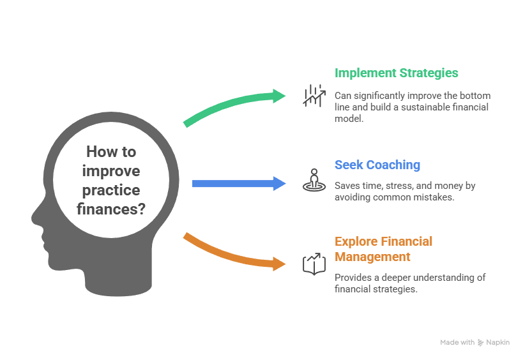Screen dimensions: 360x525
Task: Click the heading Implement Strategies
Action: [x=396, y=73]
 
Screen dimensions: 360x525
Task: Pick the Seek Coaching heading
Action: [x=377, y=165]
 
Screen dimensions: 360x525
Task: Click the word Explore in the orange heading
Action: [x=356, y=241]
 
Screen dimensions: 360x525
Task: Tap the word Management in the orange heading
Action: [x=372, y=257]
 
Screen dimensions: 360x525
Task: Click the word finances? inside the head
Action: [x=110, y=208]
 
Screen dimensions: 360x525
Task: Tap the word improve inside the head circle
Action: [x=111, y=171]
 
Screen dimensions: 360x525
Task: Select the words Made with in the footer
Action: [x=457, y=343]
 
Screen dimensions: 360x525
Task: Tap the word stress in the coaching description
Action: [x=392, y=186]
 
